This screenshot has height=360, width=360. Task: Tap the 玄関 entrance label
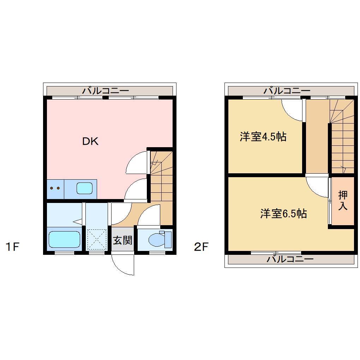(122, 241)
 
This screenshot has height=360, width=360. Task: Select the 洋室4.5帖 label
(263, 137)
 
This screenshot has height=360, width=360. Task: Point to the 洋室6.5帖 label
(283, 214)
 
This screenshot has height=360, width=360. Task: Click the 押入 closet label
(343, 200)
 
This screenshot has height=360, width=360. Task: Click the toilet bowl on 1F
(156, 240)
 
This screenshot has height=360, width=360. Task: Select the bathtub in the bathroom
(65, 239)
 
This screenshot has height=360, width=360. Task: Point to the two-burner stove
(55, 188)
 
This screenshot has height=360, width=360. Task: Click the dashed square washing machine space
(96, 239)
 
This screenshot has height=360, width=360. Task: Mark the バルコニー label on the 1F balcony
(106, 91)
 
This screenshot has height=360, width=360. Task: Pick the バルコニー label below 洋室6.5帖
(290, 260)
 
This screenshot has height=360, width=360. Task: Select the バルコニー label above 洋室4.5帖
(287, 91)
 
